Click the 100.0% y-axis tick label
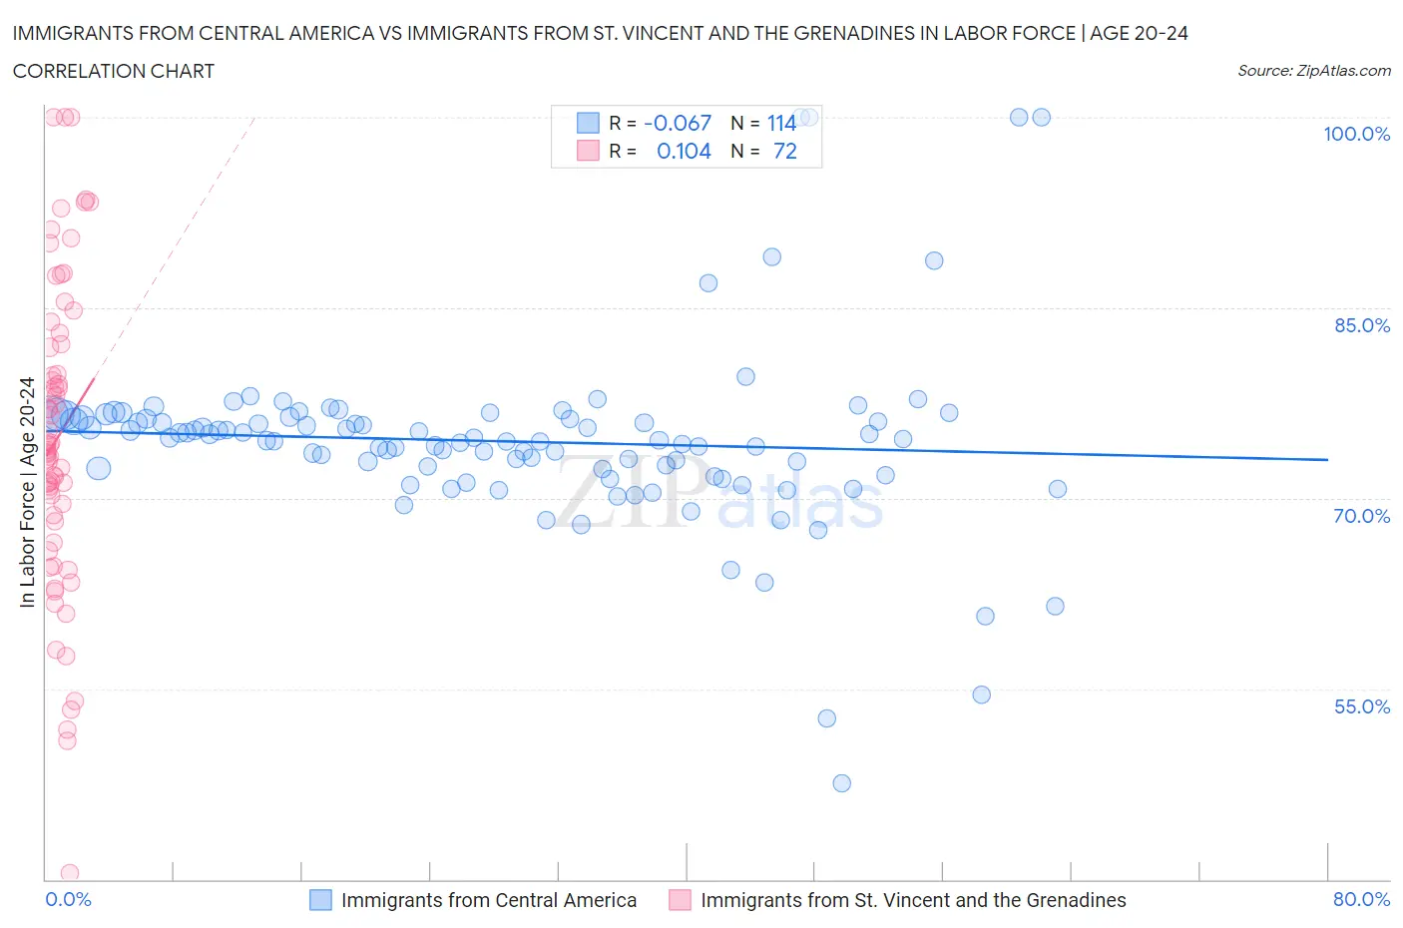click(x=1356, y=135)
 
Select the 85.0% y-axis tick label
click(x=1361, y=325)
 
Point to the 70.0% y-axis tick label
click(x=1361, y=516)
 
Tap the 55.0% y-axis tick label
click(x=1361, y=706)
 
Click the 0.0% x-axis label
click(x=68, y=899)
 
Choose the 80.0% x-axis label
click(x=1361, y=899)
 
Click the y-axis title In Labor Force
click(x=27, y=492)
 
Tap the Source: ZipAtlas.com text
click(x=1313, y=71)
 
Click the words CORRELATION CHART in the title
click(x=114, y=71)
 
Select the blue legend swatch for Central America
click(x=320, y=900)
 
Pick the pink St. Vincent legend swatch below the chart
click(x=680, y=900)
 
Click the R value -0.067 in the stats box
click(x=678, y=123)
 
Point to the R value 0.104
click(x=684, y=151)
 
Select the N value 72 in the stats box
click(x=785, y=151)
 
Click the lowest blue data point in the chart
click(x=841, y=783)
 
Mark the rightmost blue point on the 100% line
click(x=1041, y=117)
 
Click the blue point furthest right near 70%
click(x=1058, y=489)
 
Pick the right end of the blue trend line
click(x=1327, y=459)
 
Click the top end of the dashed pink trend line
click(x=254, y=118)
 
